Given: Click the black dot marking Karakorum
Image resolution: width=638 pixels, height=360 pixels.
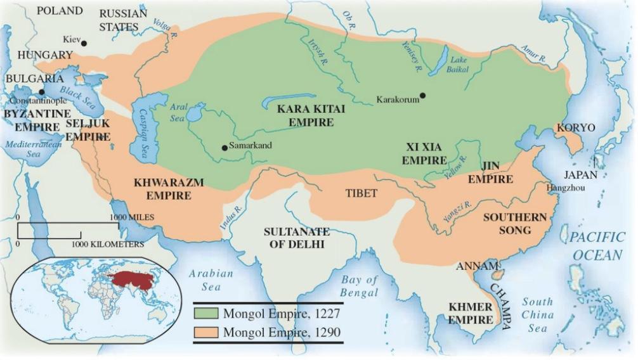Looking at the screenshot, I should point(422,96).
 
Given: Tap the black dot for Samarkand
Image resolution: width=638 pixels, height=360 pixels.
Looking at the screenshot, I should point(225,148).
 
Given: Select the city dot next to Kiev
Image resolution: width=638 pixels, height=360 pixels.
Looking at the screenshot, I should point(84,43).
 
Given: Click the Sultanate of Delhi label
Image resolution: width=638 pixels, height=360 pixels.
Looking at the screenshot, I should point(294,238).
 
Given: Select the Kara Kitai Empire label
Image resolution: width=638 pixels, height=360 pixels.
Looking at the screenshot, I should point(311,115).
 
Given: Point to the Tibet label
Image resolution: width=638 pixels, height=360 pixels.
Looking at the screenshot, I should point(361,193).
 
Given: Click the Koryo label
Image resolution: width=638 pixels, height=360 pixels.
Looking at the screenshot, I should point(575,128).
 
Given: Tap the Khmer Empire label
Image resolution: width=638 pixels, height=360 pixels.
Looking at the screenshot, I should point(471,313).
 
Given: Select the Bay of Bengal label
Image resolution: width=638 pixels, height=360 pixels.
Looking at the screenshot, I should point(359,286).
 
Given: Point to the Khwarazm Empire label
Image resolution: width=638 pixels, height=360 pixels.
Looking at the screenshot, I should point(168,189).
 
